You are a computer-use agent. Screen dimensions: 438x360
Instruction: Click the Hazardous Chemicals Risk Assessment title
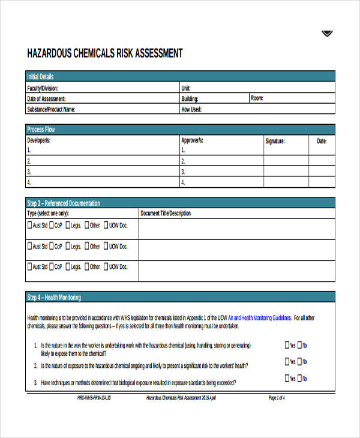click(105, 53)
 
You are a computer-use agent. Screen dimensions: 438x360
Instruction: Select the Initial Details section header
click(40, 77)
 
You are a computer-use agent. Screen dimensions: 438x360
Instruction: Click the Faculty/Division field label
click(43, 88)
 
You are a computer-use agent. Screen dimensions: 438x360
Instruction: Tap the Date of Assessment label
click(46, 98)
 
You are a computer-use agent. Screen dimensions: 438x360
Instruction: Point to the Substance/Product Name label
click(51, 109)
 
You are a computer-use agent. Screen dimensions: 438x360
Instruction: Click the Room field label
click(257, 98)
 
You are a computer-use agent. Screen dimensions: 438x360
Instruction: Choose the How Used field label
click(191, 109)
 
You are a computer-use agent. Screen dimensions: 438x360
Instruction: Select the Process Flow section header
click(41, 130)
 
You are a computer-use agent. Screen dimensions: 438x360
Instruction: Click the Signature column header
click(275, 141)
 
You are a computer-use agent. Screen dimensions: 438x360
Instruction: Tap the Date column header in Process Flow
click(322, 141)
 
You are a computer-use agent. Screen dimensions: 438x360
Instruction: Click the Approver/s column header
click(192, 140)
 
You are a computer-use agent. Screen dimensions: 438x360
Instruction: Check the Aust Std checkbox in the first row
click(30, 226)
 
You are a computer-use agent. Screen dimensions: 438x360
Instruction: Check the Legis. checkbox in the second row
click(68, 246)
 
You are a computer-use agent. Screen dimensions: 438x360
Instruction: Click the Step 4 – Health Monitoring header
click(54, 298)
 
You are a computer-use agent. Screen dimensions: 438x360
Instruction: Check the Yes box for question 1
click(286, 345)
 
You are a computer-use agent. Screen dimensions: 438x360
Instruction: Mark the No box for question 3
click(299, 379)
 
